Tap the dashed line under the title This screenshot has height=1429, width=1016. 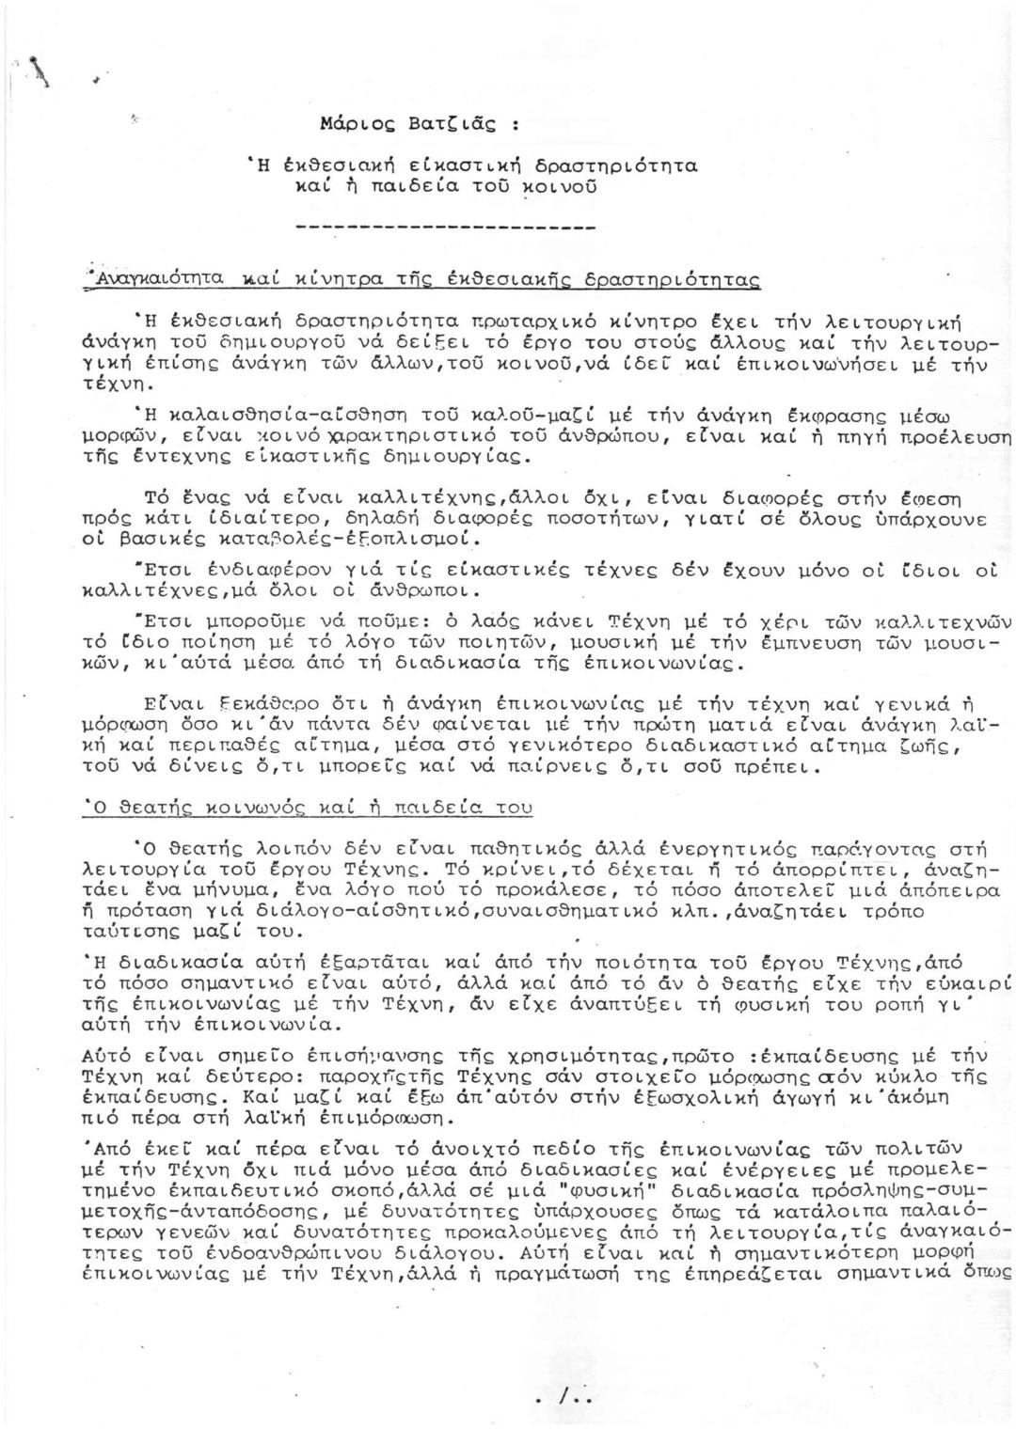point(445,227)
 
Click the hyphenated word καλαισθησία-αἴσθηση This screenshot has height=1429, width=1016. point(265,415)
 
